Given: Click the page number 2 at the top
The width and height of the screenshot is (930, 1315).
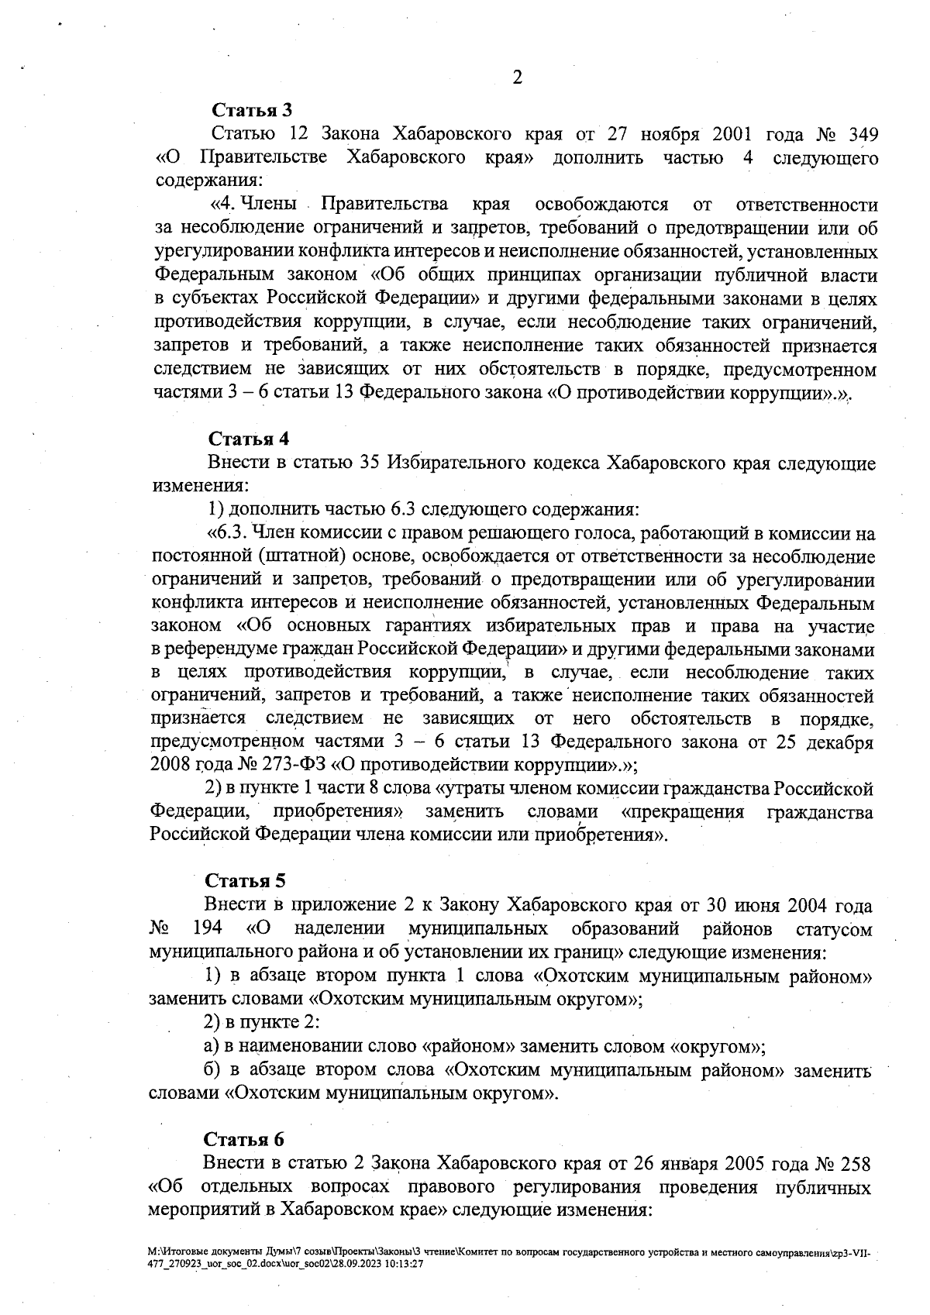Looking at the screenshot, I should (517, 78).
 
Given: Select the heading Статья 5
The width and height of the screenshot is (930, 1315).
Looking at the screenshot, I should (246, 880).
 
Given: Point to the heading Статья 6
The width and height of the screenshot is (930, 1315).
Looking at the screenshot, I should (244, 1139).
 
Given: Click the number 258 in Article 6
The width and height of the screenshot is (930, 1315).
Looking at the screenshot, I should (854, 1164).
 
